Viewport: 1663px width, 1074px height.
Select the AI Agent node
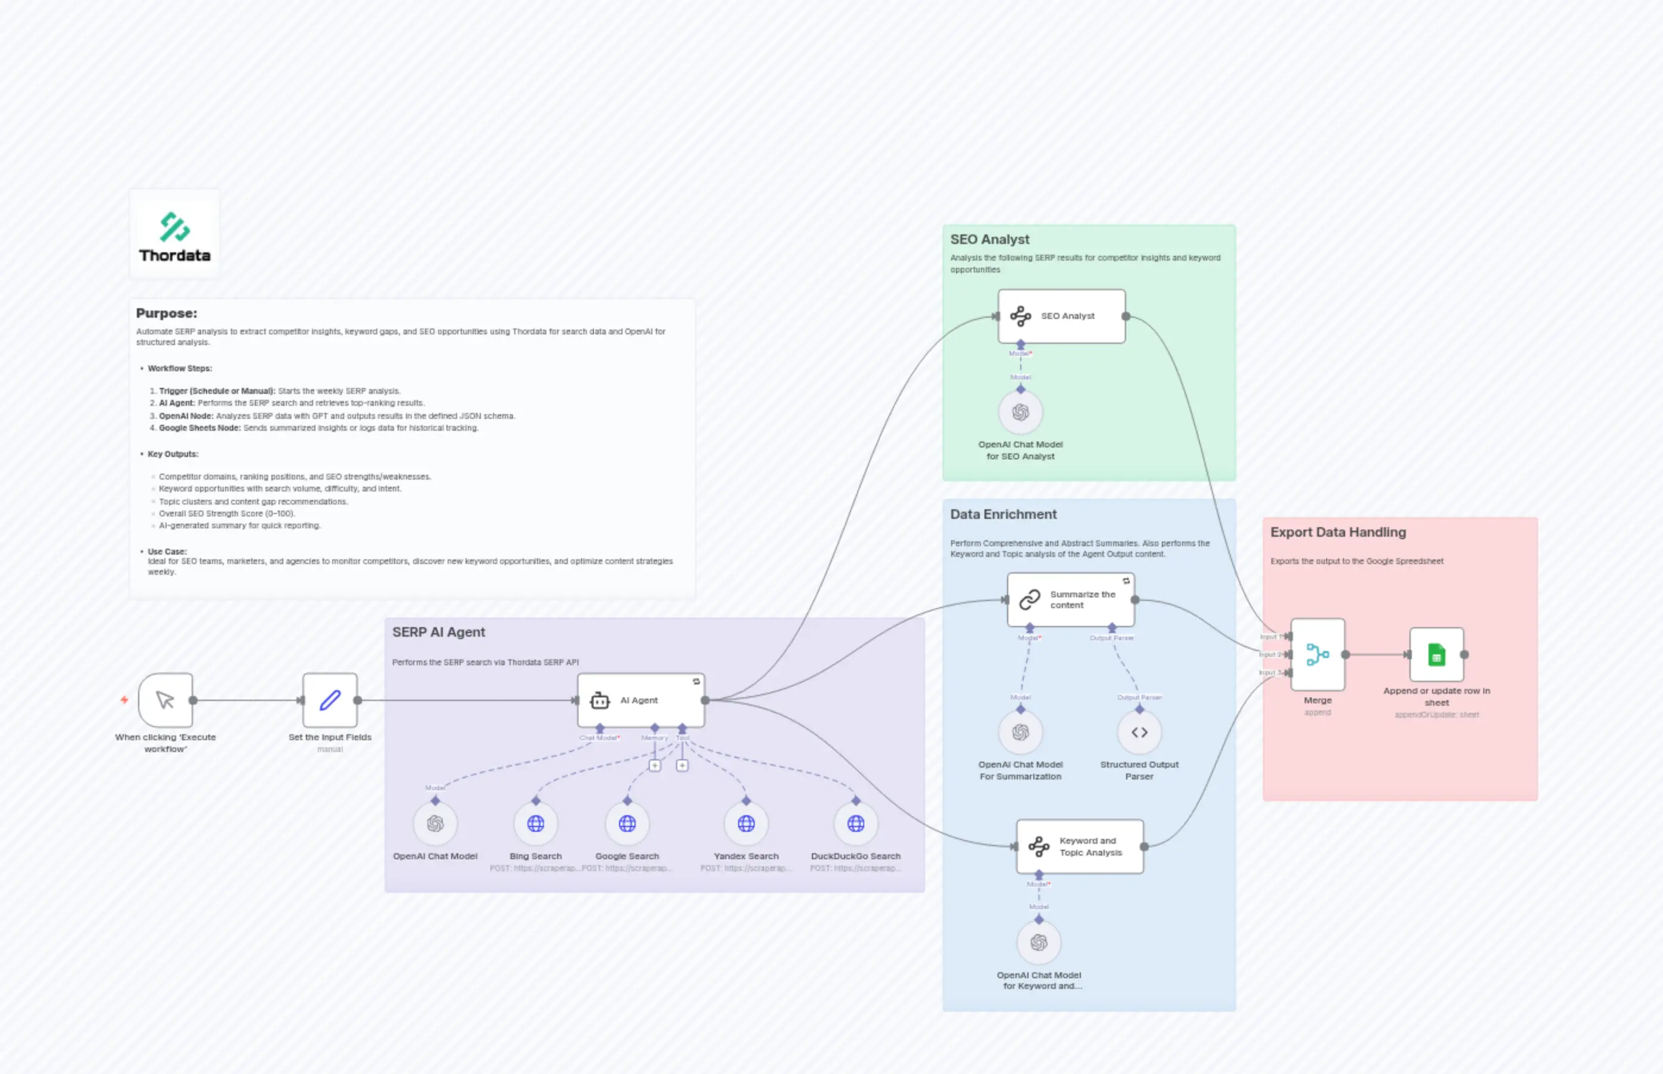(640, 700)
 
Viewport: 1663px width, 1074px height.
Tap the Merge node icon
(1317, 654)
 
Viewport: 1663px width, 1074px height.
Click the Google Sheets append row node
(1436, 654)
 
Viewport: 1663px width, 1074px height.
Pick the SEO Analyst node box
(1061, 316)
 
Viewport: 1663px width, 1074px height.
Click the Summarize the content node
(1070, 600)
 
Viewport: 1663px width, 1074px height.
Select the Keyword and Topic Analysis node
(1079, 846)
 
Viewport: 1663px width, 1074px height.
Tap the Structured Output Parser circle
(1139, 732)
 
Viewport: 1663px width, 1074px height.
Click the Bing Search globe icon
(535, 823)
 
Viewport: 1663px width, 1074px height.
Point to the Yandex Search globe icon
(746, 823)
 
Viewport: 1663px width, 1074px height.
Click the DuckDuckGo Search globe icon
(855, 823)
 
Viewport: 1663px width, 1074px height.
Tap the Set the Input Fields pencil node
(330, 700)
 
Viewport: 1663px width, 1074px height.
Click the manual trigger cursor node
(165, 700)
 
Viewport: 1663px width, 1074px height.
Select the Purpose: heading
(167, 313)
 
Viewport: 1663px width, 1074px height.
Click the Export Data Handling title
(1337, 532)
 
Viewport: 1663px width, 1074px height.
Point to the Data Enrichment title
(1002, 514)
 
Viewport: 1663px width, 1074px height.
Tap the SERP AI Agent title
(438, 632)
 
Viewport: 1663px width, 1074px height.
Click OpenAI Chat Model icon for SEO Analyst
(1020, 412)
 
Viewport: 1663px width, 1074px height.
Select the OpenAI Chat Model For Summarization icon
(1020, 732)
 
